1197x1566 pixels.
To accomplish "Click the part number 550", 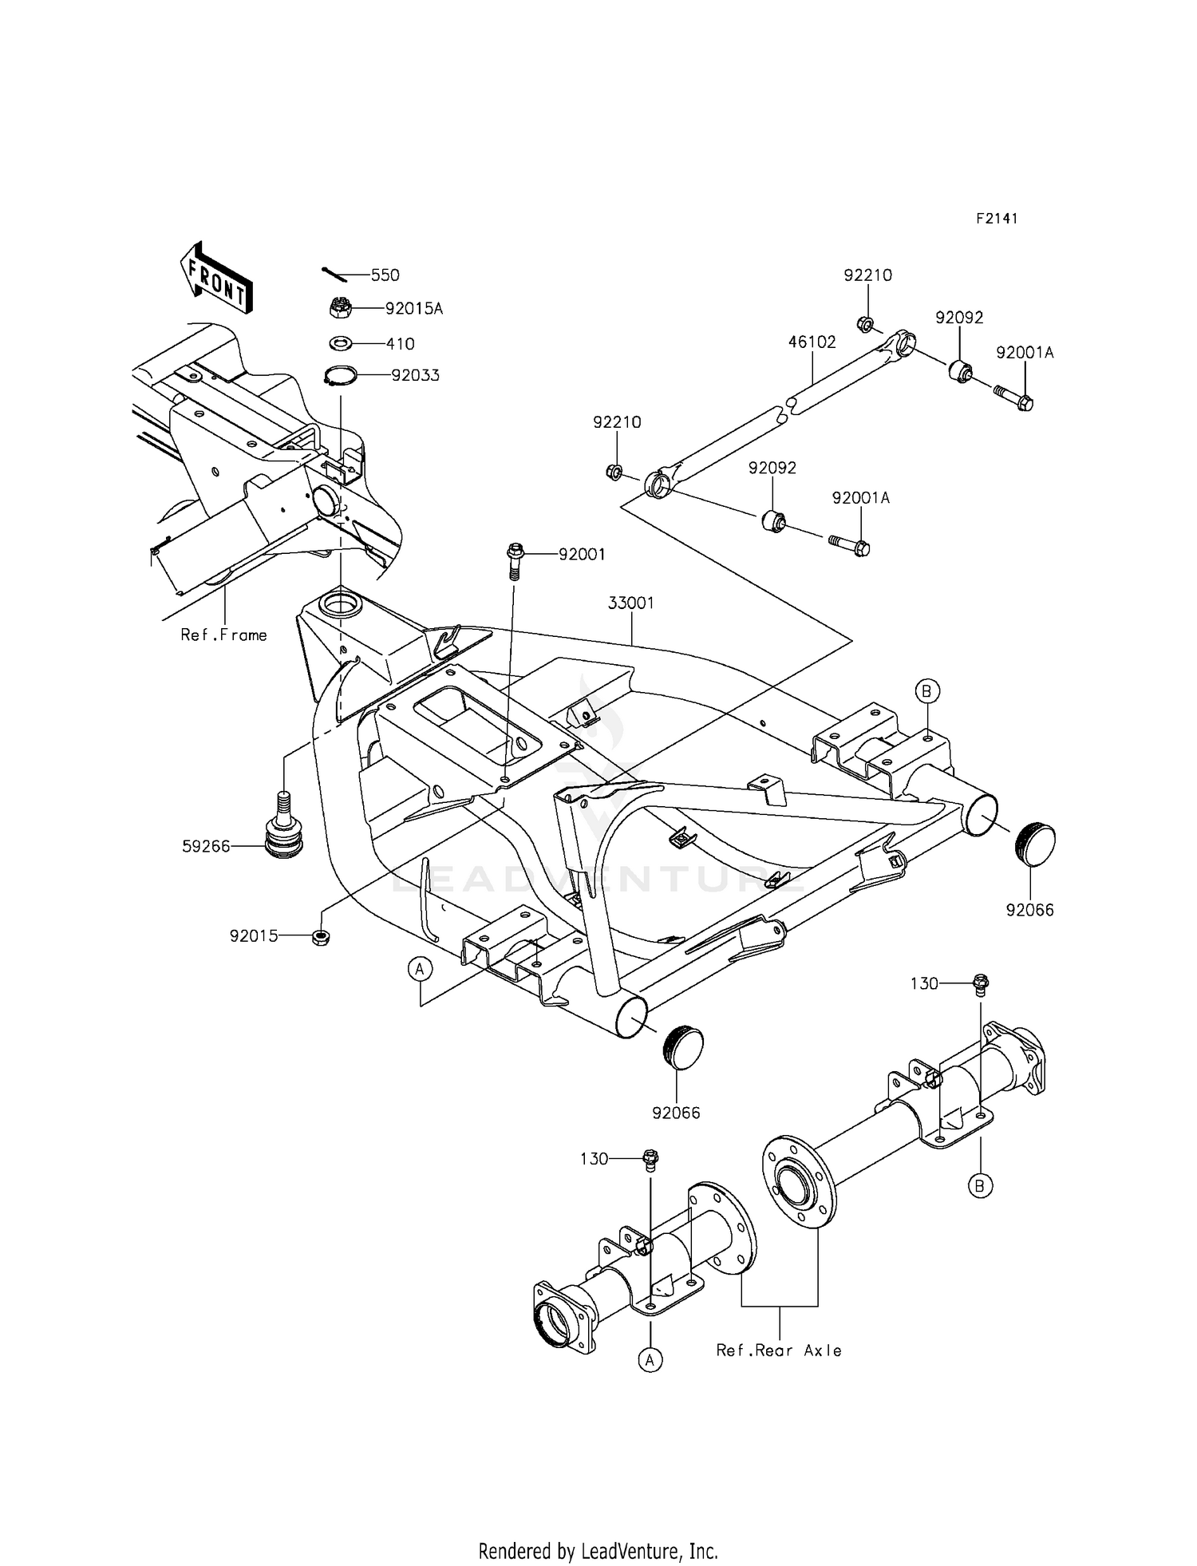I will [x=385, y=275].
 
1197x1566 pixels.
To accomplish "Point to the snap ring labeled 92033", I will [x=338, y=374].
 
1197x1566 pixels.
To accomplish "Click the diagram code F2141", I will [x=996, y=219].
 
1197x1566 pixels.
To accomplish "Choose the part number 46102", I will [x=812, y=342].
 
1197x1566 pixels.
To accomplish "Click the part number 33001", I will [x=630, y=603].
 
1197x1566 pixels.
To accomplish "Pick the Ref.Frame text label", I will [x=223, y=635].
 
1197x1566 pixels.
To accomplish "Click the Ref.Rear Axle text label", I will [x=779, y=1350].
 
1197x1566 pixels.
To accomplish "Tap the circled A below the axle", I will [x=650, y=1359].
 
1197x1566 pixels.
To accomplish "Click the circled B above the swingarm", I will [x=926, y=691].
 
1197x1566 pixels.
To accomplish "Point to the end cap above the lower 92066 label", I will [x=683, y=1046].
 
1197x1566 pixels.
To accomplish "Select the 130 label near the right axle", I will [x=924, y=984].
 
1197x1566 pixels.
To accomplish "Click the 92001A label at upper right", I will [x=1025, y=353].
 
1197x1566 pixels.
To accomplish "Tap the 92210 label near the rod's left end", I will [x=617, y=422].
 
